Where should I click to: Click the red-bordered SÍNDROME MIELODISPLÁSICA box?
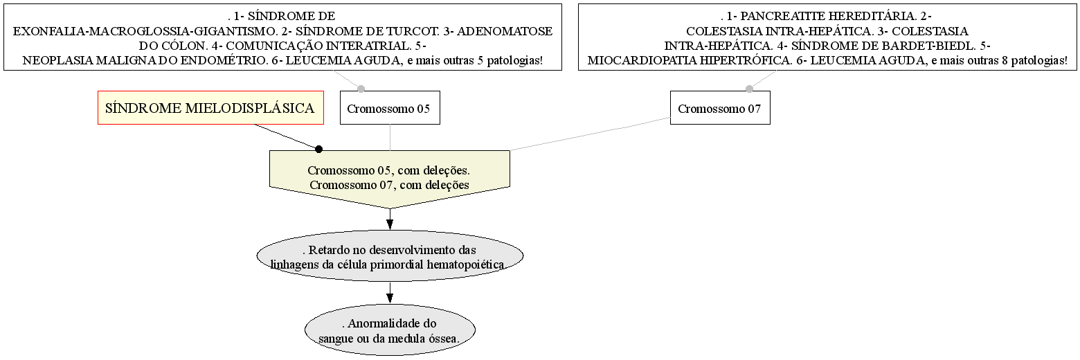pos(210,107)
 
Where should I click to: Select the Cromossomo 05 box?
pos(390,107)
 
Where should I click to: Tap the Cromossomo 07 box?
pos(720,107)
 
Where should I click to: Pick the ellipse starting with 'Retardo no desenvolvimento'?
pos(390,256)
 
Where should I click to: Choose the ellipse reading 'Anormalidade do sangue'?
pos(390,330)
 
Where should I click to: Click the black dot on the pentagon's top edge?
pos(318,150)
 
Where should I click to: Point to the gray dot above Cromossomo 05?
pos(361,89)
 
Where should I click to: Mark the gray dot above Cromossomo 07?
pos(749,89)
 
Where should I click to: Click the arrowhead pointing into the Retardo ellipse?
pos(390,224)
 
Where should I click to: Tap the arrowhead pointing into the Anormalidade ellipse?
pos(390,298)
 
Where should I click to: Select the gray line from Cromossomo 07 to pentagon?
pos(590,134)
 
